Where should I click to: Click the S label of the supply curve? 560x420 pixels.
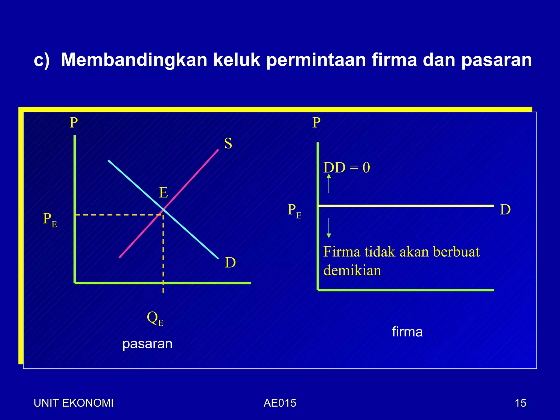coord(228,144)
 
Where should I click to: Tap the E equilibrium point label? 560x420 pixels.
coord(164,193)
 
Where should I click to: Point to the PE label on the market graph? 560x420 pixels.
coord(50,220)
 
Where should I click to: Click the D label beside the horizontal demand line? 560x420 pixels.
coord(505,210)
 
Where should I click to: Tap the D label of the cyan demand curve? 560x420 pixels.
coord(230,263)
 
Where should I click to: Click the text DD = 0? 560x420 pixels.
coord(346,168)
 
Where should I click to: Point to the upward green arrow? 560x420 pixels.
coord(329,183)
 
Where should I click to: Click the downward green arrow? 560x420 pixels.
coord(329,228)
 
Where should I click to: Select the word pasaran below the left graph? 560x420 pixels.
coord(147,344)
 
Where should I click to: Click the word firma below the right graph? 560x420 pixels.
coord(407,332)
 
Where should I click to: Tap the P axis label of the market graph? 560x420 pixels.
coord(74,123)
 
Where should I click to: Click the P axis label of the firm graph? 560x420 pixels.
coord(316,123)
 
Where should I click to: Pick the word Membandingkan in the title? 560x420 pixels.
coord(134,60)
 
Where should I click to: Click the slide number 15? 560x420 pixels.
coord(520,403)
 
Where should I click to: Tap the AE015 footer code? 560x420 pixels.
coord(280,403)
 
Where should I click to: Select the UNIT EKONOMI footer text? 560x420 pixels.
coord(74,403)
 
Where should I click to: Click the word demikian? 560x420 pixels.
coord(352,271)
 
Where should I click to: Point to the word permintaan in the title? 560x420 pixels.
coord(316,60)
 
